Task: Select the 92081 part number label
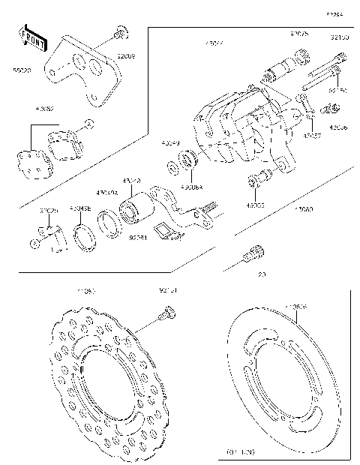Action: pos(137,238)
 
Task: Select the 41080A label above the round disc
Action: pos(296,307)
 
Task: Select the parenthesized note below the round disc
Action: pos(241,452)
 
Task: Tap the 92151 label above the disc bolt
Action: pos(168,289)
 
